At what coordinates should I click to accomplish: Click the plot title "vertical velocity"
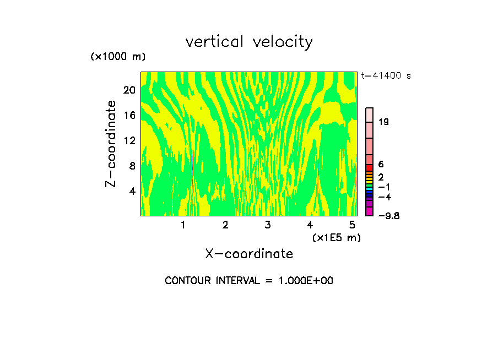(249, 42)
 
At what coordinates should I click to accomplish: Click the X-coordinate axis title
(249, 254)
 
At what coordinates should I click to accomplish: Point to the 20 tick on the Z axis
(129, 90)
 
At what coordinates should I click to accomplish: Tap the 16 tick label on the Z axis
(129, 116)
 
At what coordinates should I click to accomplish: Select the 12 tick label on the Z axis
(129, 141)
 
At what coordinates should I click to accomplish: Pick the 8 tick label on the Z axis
(132, 166)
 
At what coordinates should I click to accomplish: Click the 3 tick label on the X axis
(267, 225)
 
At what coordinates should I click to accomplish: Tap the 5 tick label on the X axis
(352, 225)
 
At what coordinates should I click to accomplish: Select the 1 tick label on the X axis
(183, 225)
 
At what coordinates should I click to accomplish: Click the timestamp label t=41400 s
(386, 76)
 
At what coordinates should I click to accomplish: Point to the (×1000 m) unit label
(117, 57)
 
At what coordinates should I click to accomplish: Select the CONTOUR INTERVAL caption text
(249, 281)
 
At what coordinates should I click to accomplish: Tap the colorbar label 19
(384, 122)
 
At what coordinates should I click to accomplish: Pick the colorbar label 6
(381, 165)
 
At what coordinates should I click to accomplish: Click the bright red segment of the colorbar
(370, 168)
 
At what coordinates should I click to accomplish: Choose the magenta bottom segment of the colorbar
(370, 211)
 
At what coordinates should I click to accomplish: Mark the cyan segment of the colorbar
(370, 188)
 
